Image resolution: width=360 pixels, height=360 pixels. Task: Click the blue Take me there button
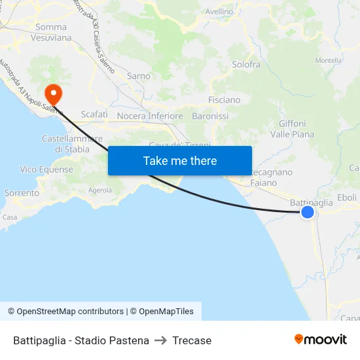point(179,160)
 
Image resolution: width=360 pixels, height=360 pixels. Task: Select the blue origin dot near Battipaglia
point(307,212)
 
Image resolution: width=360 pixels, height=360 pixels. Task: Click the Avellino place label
point(219,12)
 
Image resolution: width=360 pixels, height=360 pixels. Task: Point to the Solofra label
point(246,65)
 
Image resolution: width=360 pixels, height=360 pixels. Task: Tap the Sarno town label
point(139,76)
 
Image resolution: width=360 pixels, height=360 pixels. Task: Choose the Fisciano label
point(224,100)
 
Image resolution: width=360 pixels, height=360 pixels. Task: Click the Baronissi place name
point(210,116)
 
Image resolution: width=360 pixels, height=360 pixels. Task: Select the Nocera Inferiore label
point(150,116)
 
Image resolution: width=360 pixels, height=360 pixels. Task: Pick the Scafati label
point(94,114)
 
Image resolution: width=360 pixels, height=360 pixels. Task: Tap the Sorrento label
point(22,193)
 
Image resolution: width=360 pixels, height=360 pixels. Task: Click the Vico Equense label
point(46,170)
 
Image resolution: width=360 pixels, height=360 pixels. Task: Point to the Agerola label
point(100,190)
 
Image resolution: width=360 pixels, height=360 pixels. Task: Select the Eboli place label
point(347,197)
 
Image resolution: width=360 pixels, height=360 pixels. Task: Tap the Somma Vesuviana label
point(51,32)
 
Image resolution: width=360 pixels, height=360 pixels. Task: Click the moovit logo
point(321,340)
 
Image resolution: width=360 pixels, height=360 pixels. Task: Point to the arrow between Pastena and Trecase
point(161,340)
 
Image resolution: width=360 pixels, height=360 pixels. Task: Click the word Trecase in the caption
point(192,340)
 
